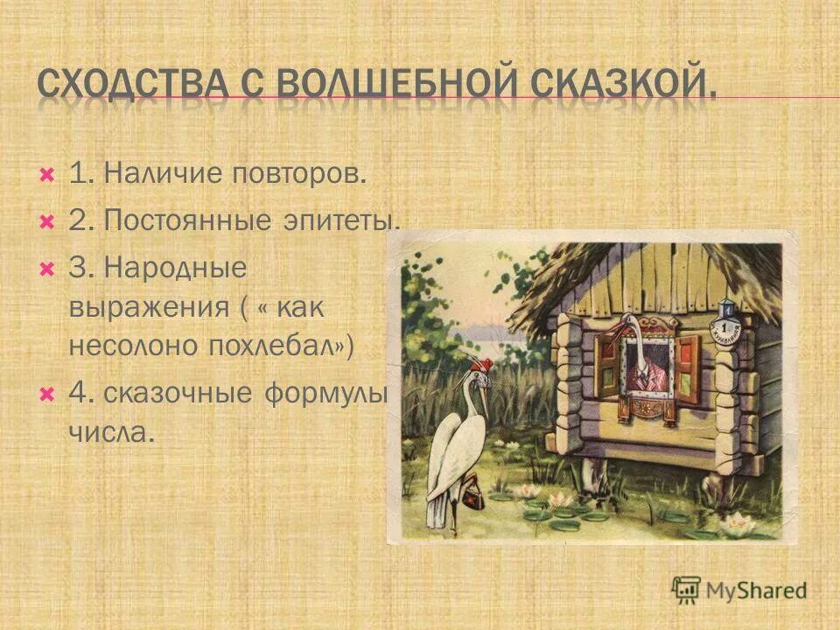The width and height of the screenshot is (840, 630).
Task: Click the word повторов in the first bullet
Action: (x=298, y=173)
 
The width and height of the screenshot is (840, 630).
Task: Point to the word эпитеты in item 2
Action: (x=340, y=220)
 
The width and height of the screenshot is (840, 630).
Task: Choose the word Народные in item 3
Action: (x=175, y=268)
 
